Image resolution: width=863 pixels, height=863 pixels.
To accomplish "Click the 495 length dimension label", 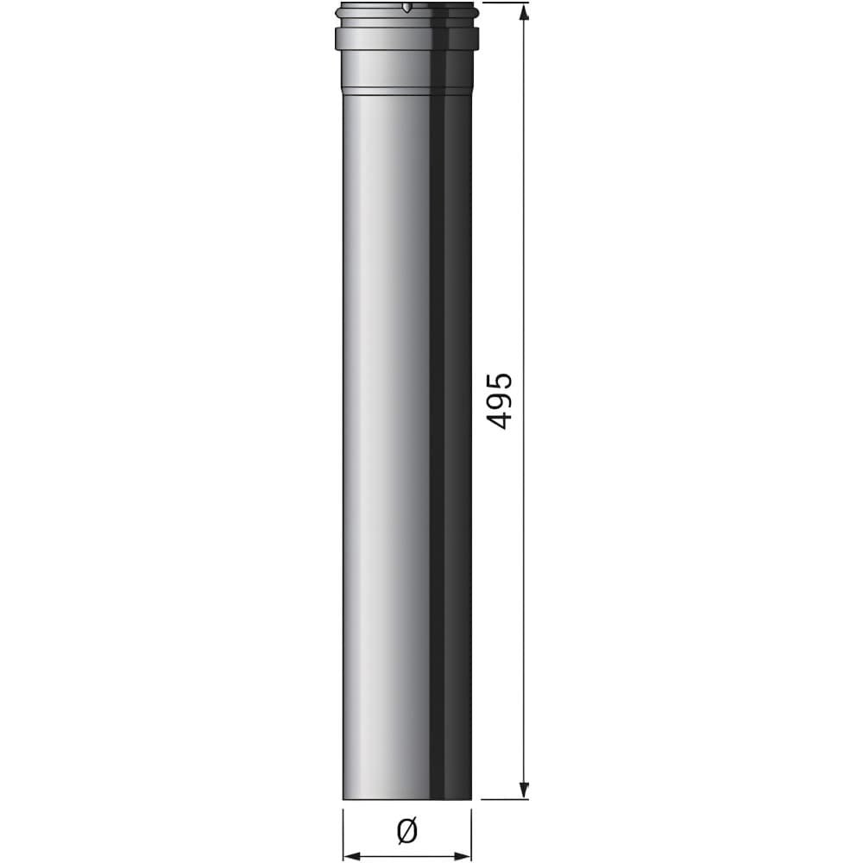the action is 500,401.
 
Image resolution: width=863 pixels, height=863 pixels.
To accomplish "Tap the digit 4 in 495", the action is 500,420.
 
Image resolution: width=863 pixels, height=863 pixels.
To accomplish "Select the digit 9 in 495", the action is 500,401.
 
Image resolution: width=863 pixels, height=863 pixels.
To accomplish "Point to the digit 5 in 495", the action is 500,382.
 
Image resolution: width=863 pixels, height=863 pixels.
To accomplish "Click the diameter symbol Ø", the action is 407,831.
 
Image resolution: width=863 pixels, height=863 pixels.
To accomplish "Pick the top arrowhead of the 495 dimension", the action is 524,9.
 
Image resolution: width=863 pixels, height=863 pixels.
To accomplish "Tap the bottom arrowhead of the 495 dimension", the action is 524,791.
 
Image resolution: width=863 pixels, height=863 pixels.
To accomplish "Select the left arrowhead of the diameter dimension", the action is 352,856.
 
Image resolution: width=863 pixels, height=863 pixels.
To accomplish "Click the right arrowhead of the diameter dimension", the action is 463,856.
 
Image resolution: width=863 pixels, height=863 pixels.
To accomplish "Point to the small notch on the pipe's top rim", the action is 406,9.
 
